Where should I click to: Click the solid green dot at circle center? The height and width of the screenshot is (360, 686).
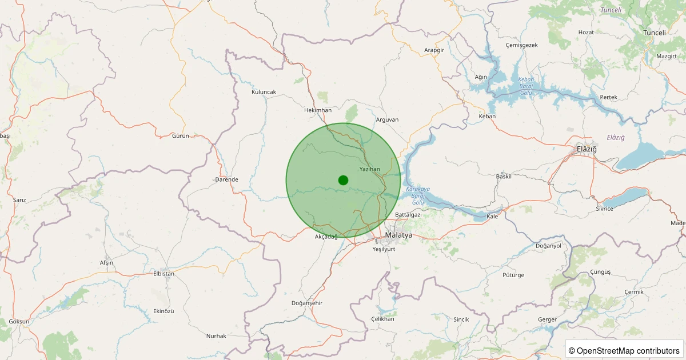(343, 180)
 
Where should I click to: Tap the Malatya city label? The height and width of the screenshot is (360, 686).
(398, 235)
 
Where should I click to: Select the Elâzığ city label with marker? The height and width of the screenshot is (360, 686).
(587, 149)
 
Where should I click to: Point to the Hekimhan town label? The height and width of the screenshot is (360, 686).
(318, 110)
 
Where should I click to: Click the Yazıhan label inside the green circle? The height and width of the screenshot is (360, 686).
(369, 169)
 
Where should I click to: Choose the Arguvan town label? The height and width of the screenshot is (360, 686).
(387, 119)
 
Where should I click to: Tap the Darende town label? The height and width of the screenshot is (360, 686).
(226, 179)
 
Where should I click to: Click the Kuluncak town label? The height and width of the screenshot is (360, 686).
(264, 92)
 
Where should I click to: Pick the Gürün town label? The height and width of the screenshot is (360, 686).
(181, 136)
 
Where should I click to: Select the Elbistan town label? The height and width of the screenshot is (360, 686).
(163, 274)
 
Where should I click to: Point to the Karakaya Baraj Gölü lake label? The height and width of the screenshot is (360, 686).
(417, 195)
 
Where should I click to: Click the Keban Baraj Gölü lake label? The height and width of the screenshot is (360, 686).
(526, 86)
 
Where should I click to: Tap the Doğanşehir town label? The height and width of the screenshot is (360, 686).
(307, 303)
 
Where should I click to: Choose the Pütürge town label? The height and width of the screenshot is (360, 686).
(513, 275)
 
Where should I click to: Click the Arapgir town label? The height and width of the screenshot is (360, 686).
(434, 50)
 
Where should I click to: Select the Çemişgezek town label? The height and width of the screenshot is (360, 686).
(522, 45)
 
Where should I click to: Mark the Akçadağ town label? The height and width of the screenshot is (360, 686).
(326, 237)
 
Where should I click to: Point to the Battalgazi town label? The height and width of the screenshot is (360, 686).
(408, 215)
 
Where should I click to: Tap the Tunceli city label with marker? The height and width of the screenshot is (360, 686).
(655, 33)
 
